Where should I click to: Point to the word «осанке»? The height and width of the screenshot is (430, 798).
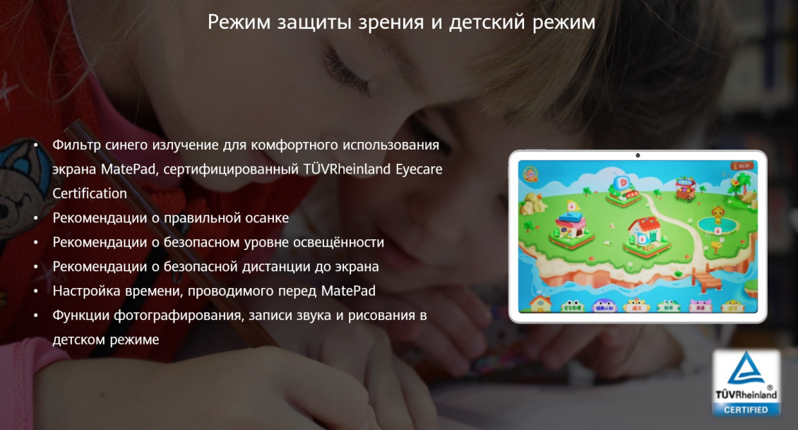point(266,218)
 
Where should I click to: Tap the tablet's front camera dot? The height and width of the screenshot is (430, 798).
point(638,155)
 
